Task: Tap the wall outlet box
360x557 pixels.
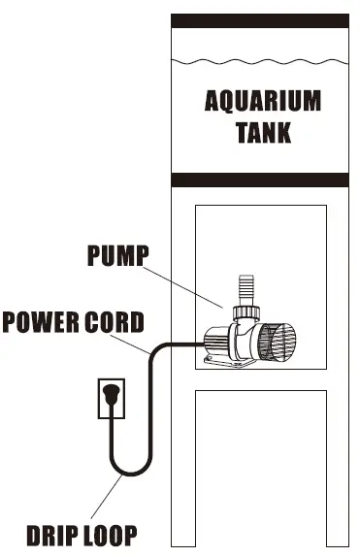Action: point(113,399)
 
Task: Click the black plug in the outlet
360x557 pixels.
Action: point(113,394)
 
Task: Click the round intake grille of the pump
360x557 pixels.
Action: point(279,342)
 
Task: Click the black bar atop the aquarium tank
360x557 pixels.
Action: point(259,21)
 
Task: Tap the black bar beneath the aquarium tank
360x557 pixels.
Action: point(259,180)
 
